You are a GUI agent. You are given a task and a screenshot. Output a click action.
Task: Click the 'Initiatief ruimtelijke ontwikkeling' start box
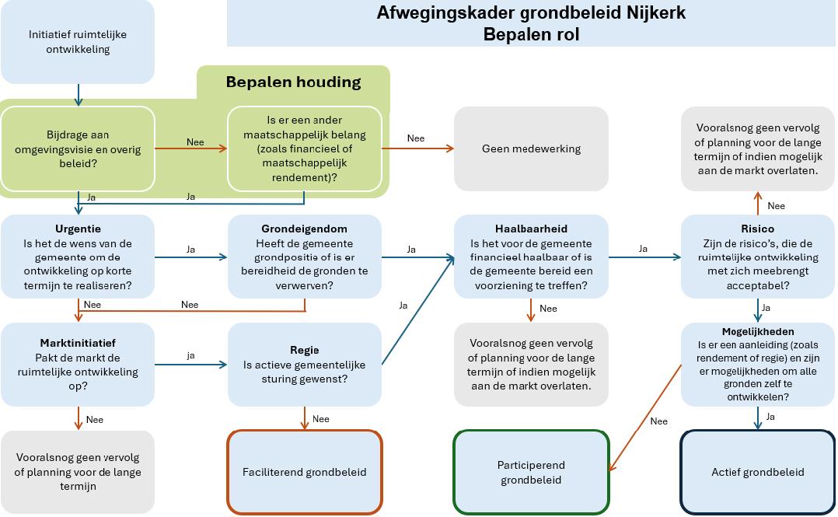[78, 42]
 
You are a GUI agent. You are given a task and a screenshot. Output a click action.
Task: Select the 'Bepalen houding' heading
[293, 82]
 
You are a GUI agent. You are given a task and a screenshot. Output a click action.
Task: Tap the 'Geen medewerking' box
[531, 148]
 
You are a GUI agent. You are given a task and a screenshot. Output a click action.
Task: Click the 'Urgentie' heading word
[78, 229]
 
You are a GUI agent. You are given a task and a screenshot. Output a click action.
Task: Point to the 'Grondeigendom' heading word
[304, 229]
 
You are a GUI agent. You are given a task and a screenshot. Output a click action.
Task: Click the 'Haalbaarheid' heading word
[531, 229]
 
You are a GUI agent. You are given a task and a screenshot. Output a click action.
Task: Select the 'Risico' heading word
[757, 229]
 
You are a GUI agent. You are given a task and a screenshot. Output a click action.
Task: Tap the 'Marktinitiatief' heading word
[78, 343]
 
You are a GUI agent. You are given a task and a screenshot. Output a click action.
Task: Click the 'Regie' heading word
[304, 350]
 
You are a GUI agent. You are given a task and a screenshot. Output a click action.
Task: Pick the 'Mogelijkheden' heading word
[757, 331]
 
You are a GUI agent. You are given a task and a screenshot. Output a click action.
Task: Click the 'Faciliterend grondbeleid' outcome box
[304, 472]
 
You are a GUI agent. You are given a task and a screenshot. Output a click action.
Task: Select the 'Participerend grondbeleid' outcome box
[531, 472]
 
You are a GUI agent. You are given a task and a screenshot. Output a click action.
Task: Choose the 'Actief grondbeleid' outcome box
[757, 472]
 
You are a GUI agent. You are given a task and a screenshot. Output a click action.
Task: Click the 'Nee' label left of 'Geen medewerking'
[416, 138]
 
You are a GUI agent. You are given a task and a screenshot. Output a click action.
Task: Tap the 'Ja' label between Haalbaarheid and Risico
[643, 249]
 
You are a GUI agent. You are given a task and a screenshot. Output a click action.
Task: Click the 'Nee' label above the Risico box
[776, 206]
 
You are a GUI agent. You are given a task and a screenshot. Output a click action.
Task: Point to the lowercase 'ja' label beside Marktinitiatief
[190, 355]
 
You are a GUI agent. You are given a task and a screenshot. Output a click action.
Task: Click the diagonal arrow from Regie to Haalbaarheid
[418, 311]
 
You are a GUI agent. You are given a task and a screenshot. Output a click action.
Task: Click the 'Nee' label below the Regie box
[320, 419]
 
